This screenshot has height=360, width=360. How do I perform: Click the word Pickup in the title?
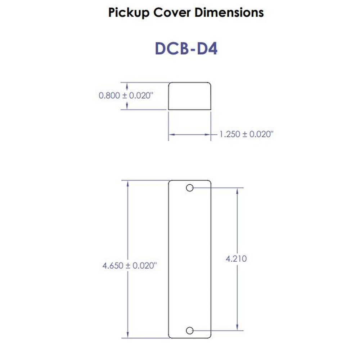click(129, 13)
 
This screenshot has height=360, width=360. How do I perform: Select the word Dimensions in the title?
click(229, 13)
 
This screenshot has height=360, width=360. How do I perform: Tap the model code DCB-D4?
click(186, 49)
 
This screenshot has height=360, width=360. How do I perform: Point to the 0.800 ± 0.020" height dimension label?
click(126, 96)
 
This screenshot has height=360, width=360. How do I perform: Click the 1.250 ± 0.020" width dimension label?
click(247, 134)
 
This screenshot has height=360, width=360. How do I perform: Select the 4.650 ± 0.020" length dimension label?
click(130, 266)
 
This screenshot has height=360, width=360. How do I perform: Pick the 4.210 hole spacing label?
click(236, 258)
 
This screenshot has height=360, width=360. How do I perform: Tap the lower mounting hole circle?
click(190, 330)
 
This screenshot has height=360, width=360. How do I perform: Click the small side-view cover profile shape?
click(190, 96)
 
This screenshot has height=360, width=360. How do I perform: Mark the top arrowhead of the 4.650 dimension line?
click(128, 183)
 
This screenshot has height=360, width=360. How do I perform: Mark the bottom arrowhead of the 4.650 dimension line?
click(128, 335)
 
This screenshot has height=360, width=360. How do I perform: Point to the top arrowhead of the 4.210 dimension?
click(237, 190)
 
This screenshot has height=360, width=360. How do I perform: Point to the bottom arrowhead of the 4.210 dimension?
click(237, 328)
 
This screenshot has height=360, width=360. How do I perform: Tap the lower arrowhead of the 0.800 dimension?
click(127, 107)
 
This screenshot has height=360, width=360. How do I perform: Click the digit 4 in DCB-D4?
click(212, 49)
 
